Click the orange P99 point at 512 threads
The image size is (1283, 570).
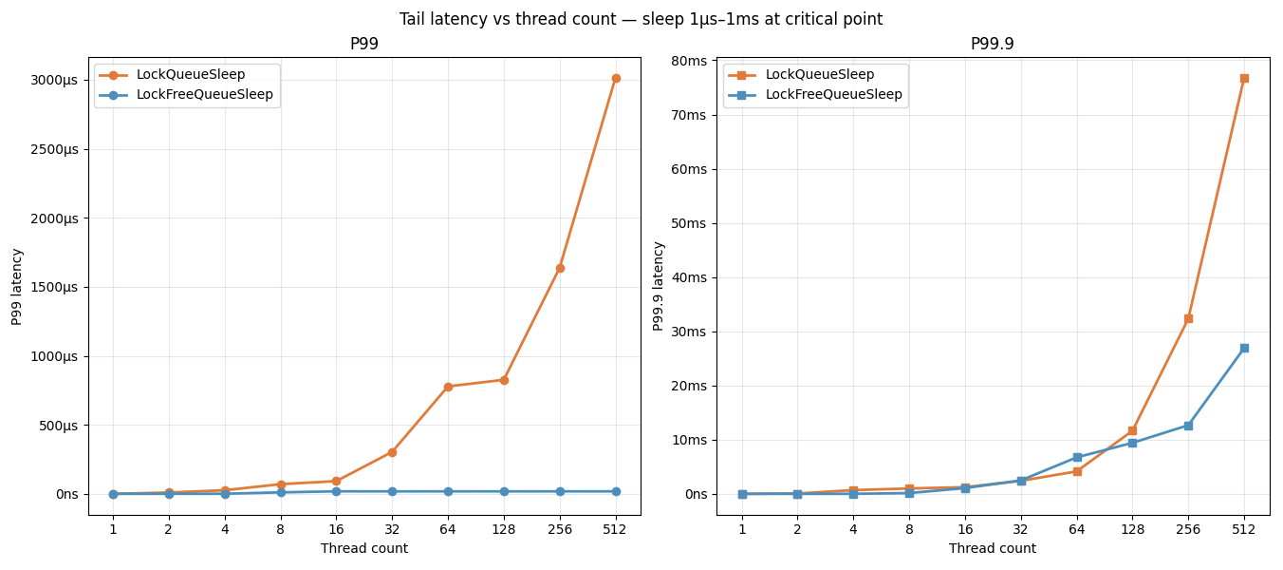point(616,79)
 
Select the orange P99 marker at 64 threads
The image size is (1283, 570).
point(448,387)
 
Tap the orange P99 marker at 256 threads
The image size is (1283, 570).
point(560,268)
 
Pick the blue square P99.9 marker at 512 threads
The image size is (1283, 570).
point(1244,348)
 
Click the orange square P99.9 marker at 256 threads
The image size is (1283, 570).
point(1188,319)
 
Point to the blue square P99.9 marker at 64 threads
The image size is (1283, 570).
point(1077,458)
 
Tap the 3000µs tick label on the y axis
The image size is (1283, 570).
point(54,81)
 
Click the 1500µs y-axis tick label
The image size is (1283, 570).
point(54,287)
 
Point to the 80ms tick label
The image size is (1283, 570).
point(688,61)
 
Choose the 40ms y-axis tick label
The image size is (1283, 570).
point(688,277)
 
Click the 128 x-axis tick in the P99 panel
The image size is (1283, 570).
point(504,529)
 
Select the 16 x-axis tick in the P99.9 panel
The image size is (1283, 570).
point(965,529)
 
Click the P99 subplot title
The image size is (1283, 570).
point(364,44)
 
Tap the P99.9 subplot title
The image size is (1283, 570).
point(992,44)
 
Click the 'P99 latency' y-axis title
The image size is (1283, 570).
point(17,287)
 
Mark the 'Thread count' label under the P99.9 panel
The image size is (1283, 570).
point(992,549)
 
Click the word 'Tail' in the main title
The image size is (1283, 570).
point(411,20)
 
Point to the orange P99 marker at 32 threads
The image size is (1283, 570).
point(392,452)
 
